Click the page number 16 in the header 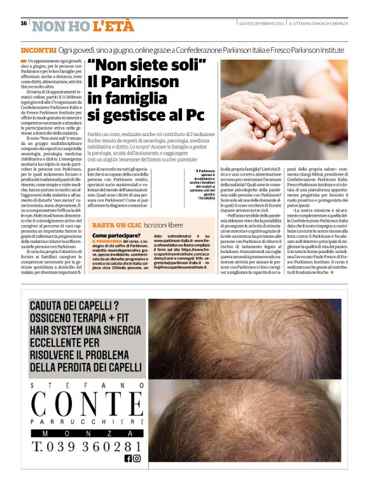[x=24, y=24]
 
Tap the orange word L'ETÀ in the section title [x=113, y=26]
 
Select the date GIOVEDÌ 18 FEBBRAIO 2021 [x=259, y=24]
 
